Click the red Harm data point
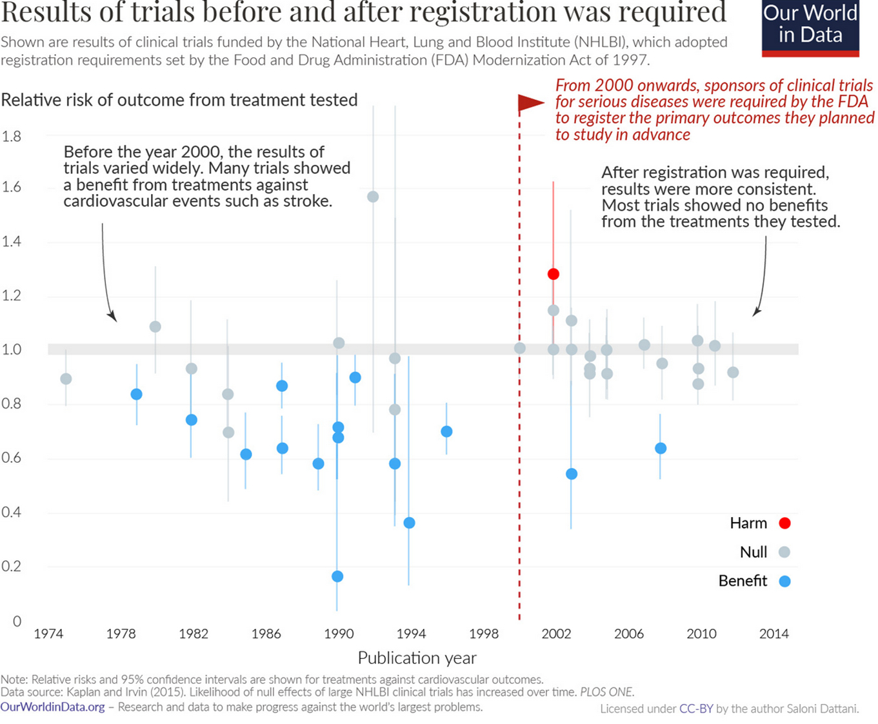point(553,274)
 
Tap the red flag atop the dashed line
point(531,103)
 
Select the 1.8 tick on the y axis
point(11,137)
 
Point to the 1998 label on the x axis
point(483,634)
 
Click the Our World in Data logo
point(810,28)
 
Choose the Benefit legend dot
point(784,582)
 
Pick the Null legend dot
point(784,553)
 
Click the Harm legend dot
point(784,523)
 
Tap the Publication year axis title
point(417,658)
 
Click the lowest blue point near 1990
point(337,576)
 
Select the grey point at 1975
point(66,379)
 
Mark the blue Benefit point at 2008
point(660,448)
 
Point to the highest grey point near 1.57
point(372,197)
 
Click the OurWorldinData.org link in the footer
point(52,707)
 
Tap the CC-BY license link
point(696,709)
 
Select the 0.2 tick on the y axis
point(11,567)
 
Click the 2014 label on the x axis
point(773,634)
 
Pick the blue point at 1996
point(446,431)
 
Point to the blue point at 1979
point(136,394)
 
